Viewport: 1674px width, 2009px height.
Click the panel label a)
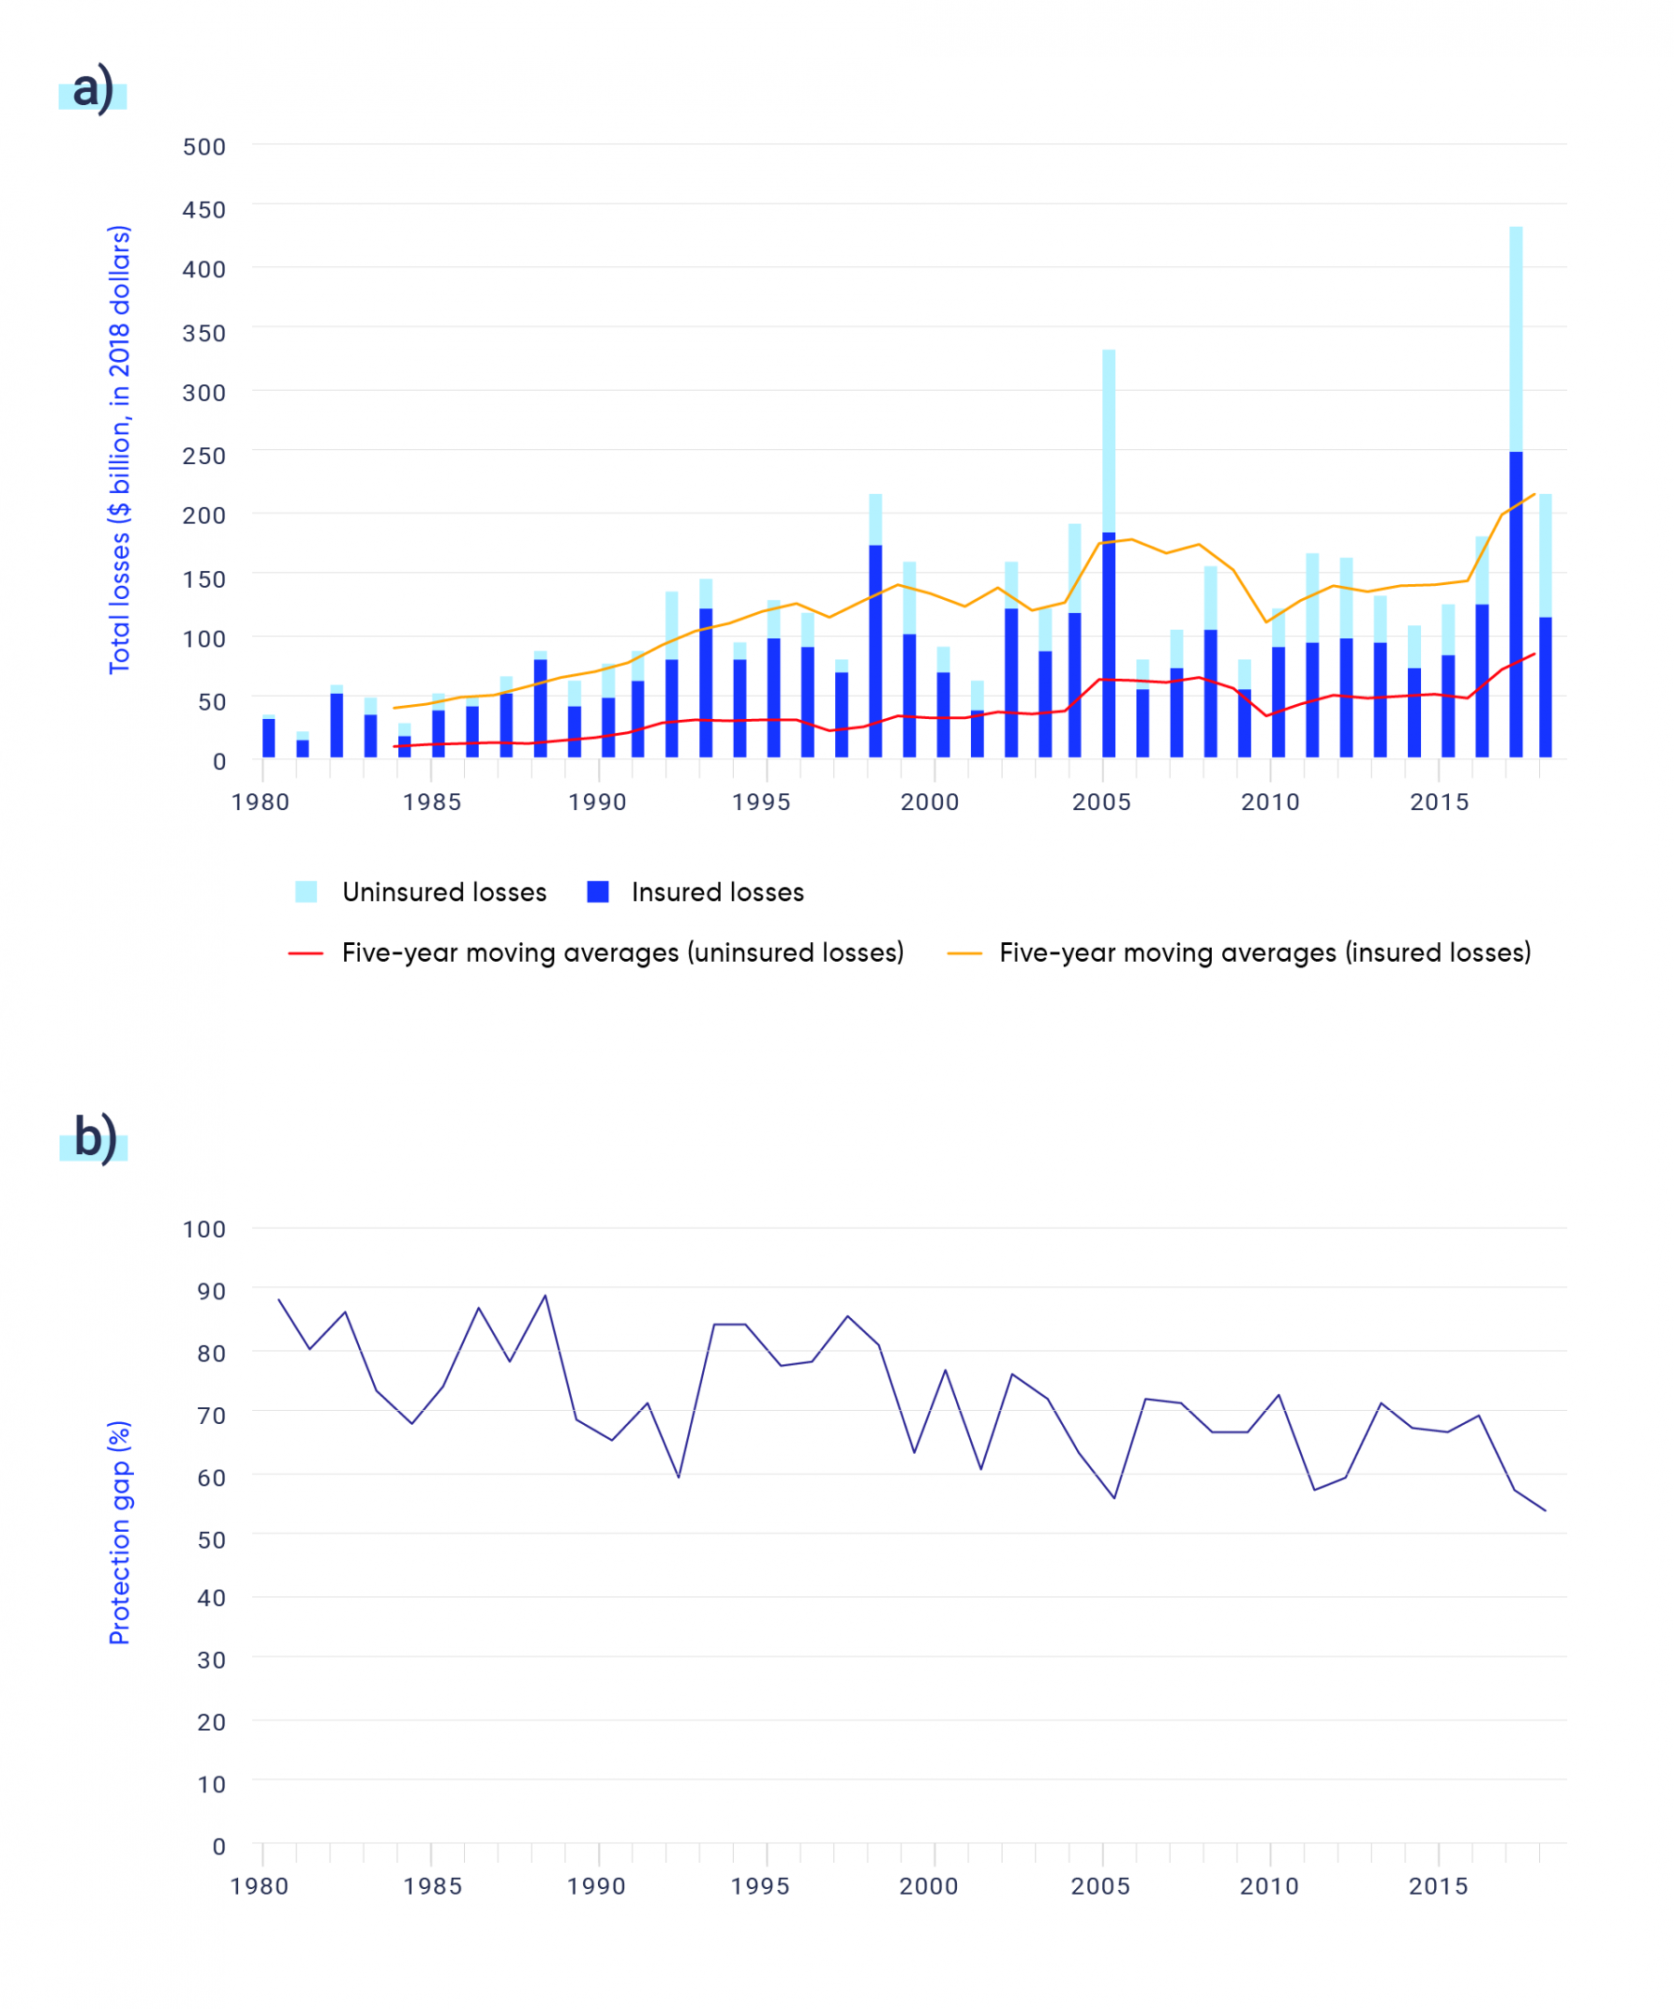click(93, 89)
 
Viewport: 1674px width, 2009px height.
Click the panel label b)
click(95, 1138)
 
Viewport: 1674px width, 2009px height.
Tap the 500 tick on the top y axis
click(204, 147)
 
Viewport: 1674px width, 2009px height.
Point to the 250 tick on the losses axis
click(204, 456)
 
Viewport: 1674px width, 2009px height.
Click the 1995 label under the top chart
click(762, 802)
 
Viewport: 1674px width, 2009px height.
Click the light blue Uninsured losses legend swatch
click(306, 892)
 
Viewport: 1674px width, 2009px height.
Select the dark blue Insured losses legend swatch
click(598, 892)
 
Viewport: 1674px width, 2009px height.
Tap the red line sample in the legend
click(305, 953)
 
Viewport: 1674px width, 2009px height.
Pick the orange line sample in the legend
click(964, 953)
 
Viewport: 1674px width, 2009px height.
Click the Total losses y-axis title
click(119, 449)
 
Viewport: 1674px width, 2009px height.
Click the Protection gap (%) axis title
click(119, 1533)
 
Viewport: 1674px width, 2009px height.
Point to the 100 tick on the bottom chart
click(204, 1230)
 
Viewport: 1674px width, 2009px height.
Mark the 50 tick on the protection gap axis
click(210, 1540)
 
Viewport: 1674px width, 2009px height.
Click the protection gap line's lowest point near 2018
click(1545, 1510)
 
